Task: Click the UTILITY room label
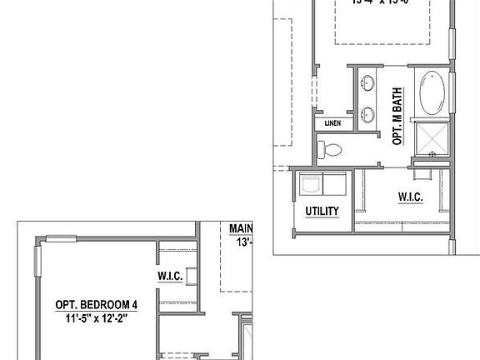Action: (x=322, y=211)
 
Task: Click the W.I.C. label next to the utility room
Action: (x=412, y=197)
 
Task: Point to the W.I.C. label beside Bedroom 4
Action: (x=170, y=275)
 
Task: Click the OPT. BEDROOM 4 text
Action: (x=96, y=304)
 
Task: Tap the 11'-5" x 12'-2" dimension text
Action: (x=96, y=317)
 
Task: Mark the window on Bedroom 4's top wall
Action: (x=63, y=240)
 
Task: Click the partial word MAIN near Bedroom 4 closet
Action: (x=242, y=228)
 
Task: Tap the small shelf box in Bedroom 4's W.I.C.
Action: (x=192, y=277)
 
